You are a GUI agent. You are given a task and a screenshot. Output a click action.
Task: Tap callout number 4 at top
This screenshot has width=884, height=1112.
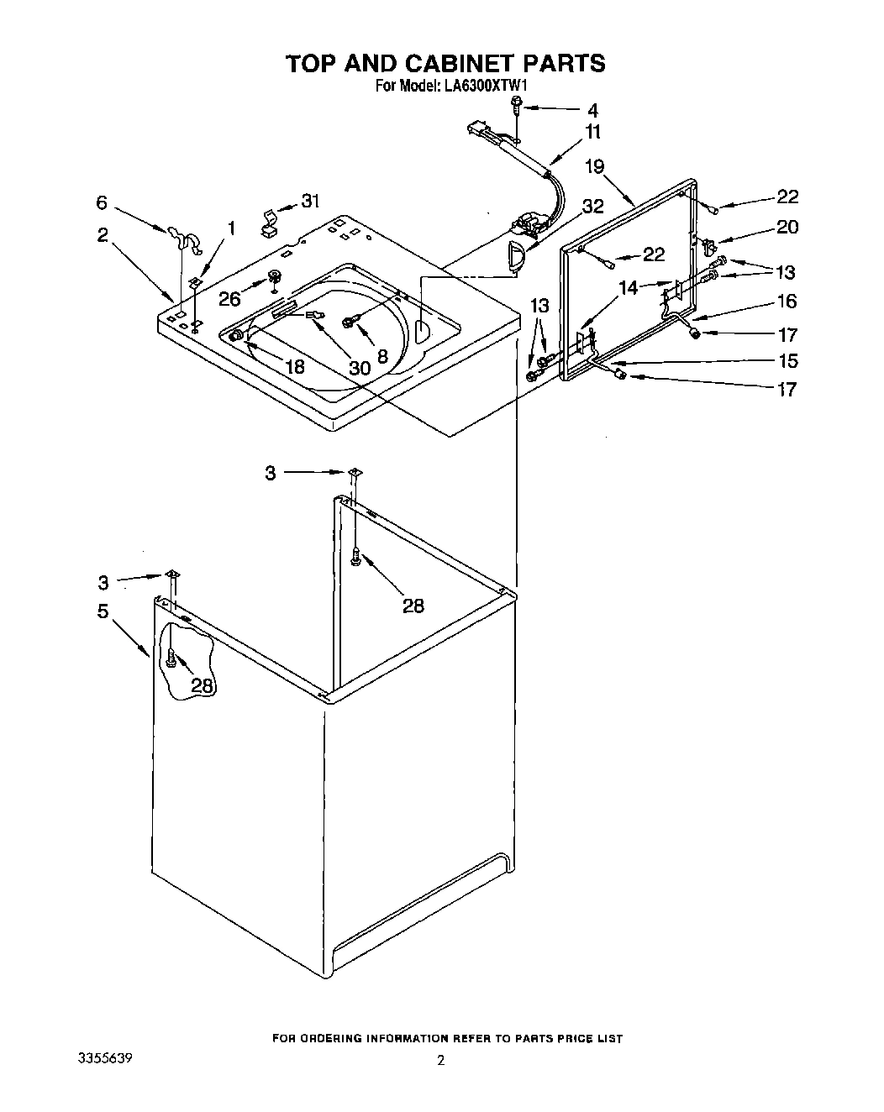(x=592, y=110)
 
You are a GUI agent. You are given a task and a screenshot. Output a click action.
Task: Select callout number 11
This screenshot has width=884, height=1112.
(x=593, y=132)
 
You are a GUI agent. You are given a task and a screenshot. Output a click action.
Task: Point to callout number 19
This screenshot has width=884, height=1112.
(x=595, y=166)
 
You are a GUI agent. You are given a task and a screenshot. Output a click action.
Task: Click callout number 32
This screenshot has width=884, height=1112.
(x=592, y=207)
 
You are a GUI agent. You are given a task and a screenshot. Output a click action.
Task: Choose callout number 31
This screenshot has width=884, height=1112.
(x=311, y=202)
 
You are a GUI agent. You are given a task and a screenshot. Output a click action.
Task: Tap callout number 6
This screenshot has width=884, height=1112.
(x=102, y=202)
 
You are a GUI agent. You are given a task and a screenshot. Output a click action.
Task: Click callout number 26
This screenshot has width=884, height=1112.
(x=229, y=297)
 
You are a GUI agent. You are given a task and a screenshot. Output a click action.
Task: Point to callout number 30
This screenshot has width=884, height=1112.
(x=360, y=367)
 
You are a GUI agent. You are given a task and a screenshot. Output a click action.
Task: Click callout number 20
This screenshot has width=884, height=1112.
(x=787, y=227)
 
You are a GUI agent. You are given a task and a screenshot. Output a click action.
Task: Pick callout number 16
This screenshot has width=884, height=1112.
(x=787, y=301)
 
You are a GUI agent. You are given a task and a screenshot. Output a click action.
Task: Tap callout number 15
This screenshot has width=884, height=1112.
(x=787, y=361)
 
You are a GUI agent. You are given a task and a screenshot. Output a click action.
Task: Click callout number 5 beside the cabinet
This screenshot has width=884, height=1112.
(x=103, y=611)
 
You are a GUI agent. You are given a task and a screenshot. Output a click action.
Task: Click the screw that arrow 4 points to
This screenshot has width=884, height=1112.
(x=518, y=104)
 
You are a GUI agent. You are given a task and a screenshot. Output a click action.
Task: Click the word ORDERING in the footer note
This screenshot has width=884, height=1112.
(x=345, y=1039)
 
